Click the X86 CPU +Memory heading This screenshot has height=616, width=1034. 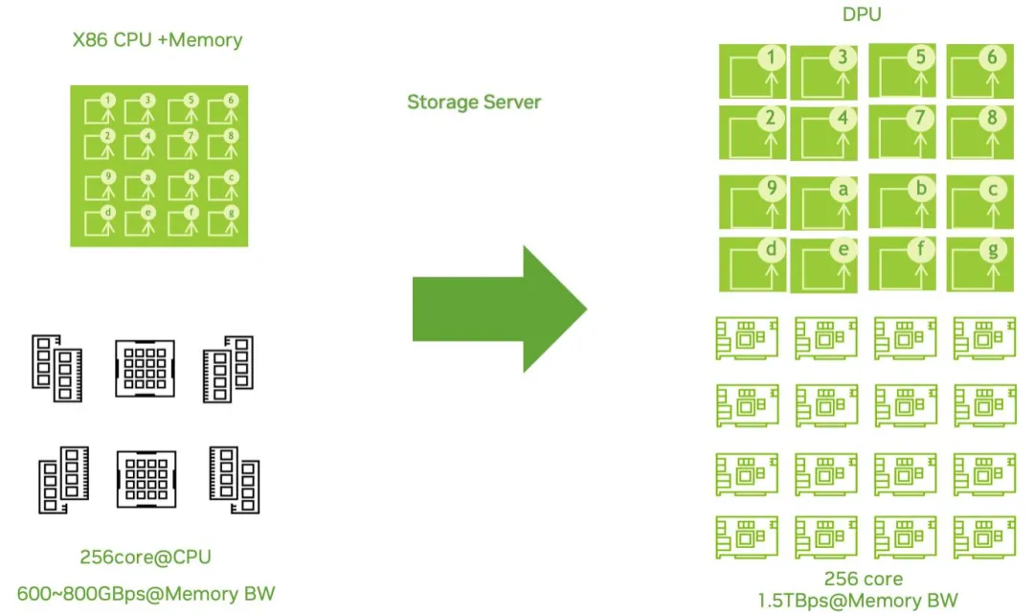[x=158, y=40]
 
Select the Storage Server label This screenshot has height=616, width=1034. [x=474, y=102]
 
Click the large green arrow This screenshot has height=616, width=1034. [x=499, y=308]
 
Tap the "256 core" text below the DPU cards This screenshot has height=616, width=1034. [x=864, y=579]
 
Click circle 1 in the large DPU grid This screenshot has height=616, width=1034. [x=771, y=57]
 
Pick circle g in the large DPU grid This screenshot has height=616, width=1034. [x=992, y=250]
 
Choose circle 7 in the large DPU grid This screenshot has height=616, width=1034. [x=921, y=118]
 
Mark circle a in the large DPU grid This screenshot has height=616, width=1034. [x=843, y=190]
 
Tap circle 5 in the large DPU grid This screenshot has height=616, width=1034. [x=921, y=57]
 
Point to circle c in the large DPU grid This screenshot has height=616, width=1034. [x=993, y=190]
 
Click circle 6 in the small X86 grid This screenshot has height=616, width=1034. [x=231, y=101]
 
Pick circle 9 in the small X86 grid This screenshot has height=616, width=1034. [x=108, y=176]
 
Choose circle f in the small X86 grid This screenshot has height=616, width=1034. [x=191, y=214]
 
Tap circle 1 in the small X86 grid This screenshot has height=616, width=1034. [x=108, y=101]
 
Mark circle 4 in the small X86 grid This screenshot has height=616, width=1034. [x=147, y=136]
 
